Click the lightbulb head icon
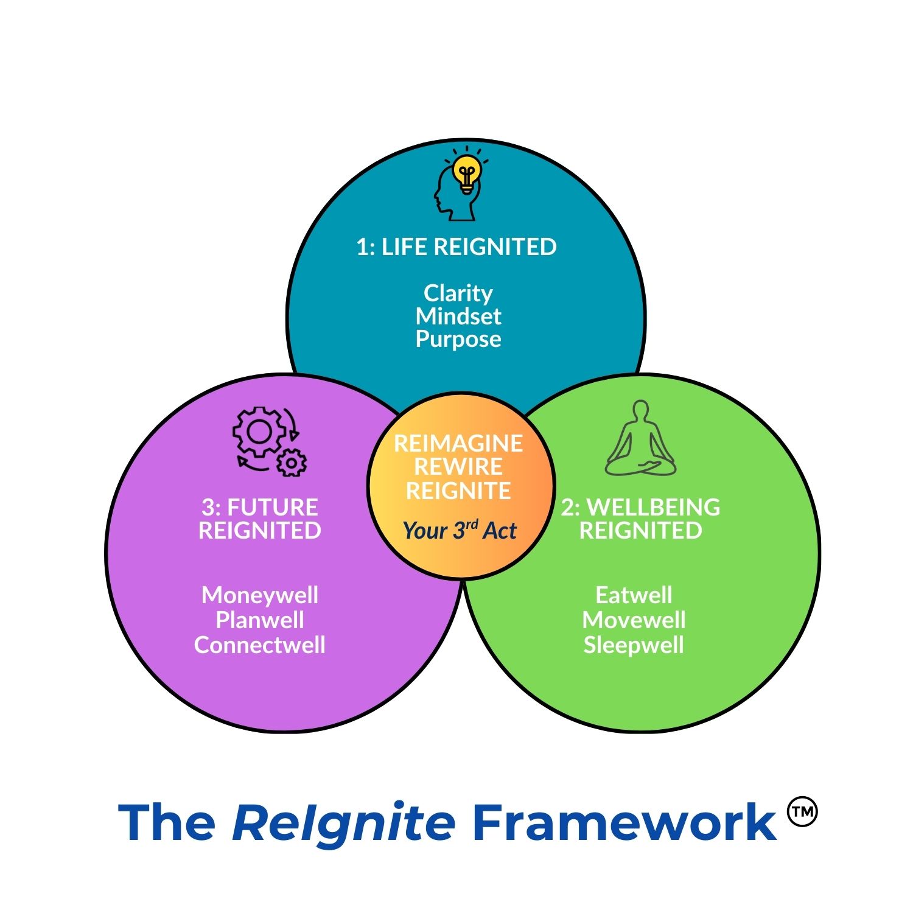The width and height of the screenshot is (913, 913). [460, 184]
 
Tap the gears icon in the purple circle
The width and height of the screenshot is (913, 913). [268, 441]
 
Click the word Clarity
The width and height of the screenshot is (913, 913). [458, 293]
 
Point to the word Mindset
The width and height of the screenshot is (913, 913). [458, 316]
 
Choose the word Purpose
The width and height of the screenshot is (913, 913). [458, 339]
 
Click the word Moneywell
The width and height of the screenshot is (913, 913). [260, 595]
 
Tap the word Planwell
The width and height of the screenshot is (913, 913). [260, 620]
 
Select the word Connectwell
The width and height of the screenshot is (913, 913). [260, 645]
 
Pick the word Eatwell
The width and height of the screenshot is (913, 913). [634, 595]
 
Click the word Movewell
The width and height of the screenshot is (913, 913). [634, 620]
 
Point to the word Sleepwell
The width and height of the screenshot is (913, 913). [634, 645]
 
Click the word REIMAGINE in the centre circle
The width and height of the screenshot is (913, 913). [458, 443]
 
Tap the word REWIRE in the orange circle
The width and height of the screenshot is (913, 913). [458, 467]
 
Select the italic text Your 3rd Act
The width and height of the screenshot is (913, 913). [460, 530]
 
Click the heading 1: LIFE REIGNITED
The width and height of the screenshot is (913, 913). [456, 247]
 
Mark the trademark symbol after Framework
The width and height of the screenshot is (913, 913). [802, 812]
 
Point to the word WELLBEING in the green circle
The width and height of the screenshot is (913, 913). [654, 507]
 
